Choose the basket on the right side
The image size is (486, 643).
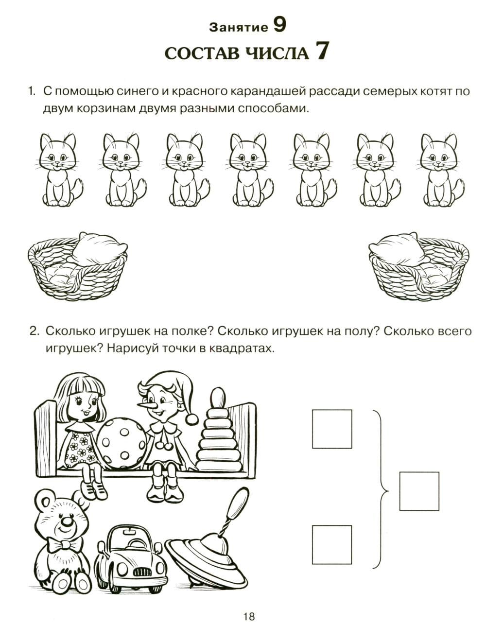point(418,266)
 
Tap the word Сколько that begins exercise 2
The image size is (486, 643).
point(70,331)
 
